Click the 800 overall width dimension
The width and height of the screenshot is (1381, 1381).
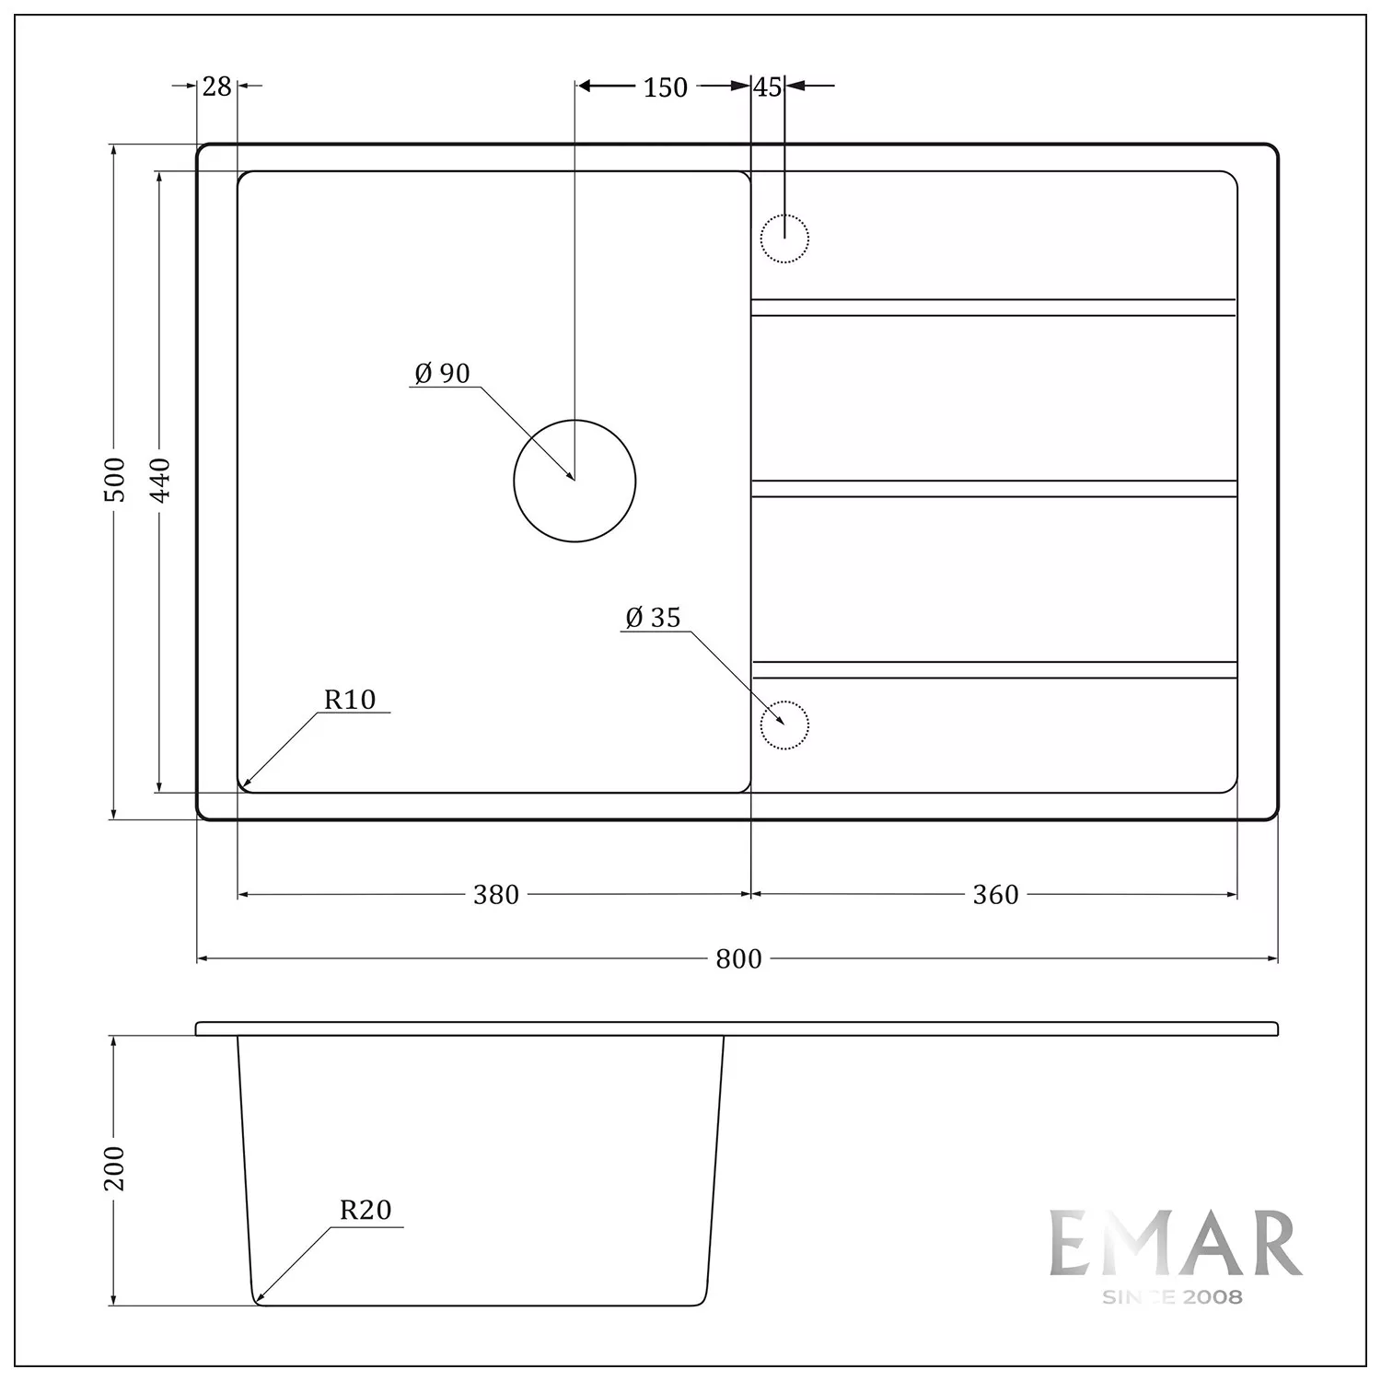click(738, 959)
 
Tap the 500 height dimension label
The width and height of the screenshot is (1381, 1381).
click(115, 479)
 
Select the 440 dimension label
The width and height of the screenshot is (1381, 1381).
click(160, 480)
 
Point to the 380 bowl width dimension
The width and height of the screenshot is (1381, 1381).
click(496, 895)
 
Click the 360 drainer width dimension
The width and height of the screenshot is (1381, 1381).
click(995, 895)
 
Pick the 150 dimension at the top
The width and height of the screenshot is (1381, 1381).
click(665, 87)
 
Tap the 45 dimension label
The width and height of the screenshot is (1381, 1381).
click(768, 87)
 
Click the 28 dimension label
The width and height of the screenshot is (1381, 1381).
click(216, 87)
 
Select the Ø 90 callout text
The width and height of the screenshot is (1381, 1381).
click(442, 373)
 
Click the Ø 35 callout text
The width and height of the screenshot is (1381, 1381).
click(653, 618)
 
